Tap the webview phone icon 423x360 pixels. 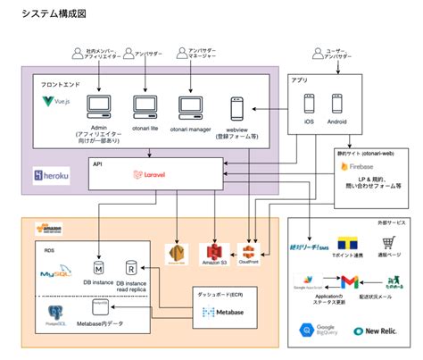pos(237,110)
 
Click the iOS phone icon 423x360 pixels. pos(310,103)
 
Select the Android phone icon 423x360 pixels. pos(337,103)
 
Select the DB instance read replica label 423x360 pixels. pos(133,287)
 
